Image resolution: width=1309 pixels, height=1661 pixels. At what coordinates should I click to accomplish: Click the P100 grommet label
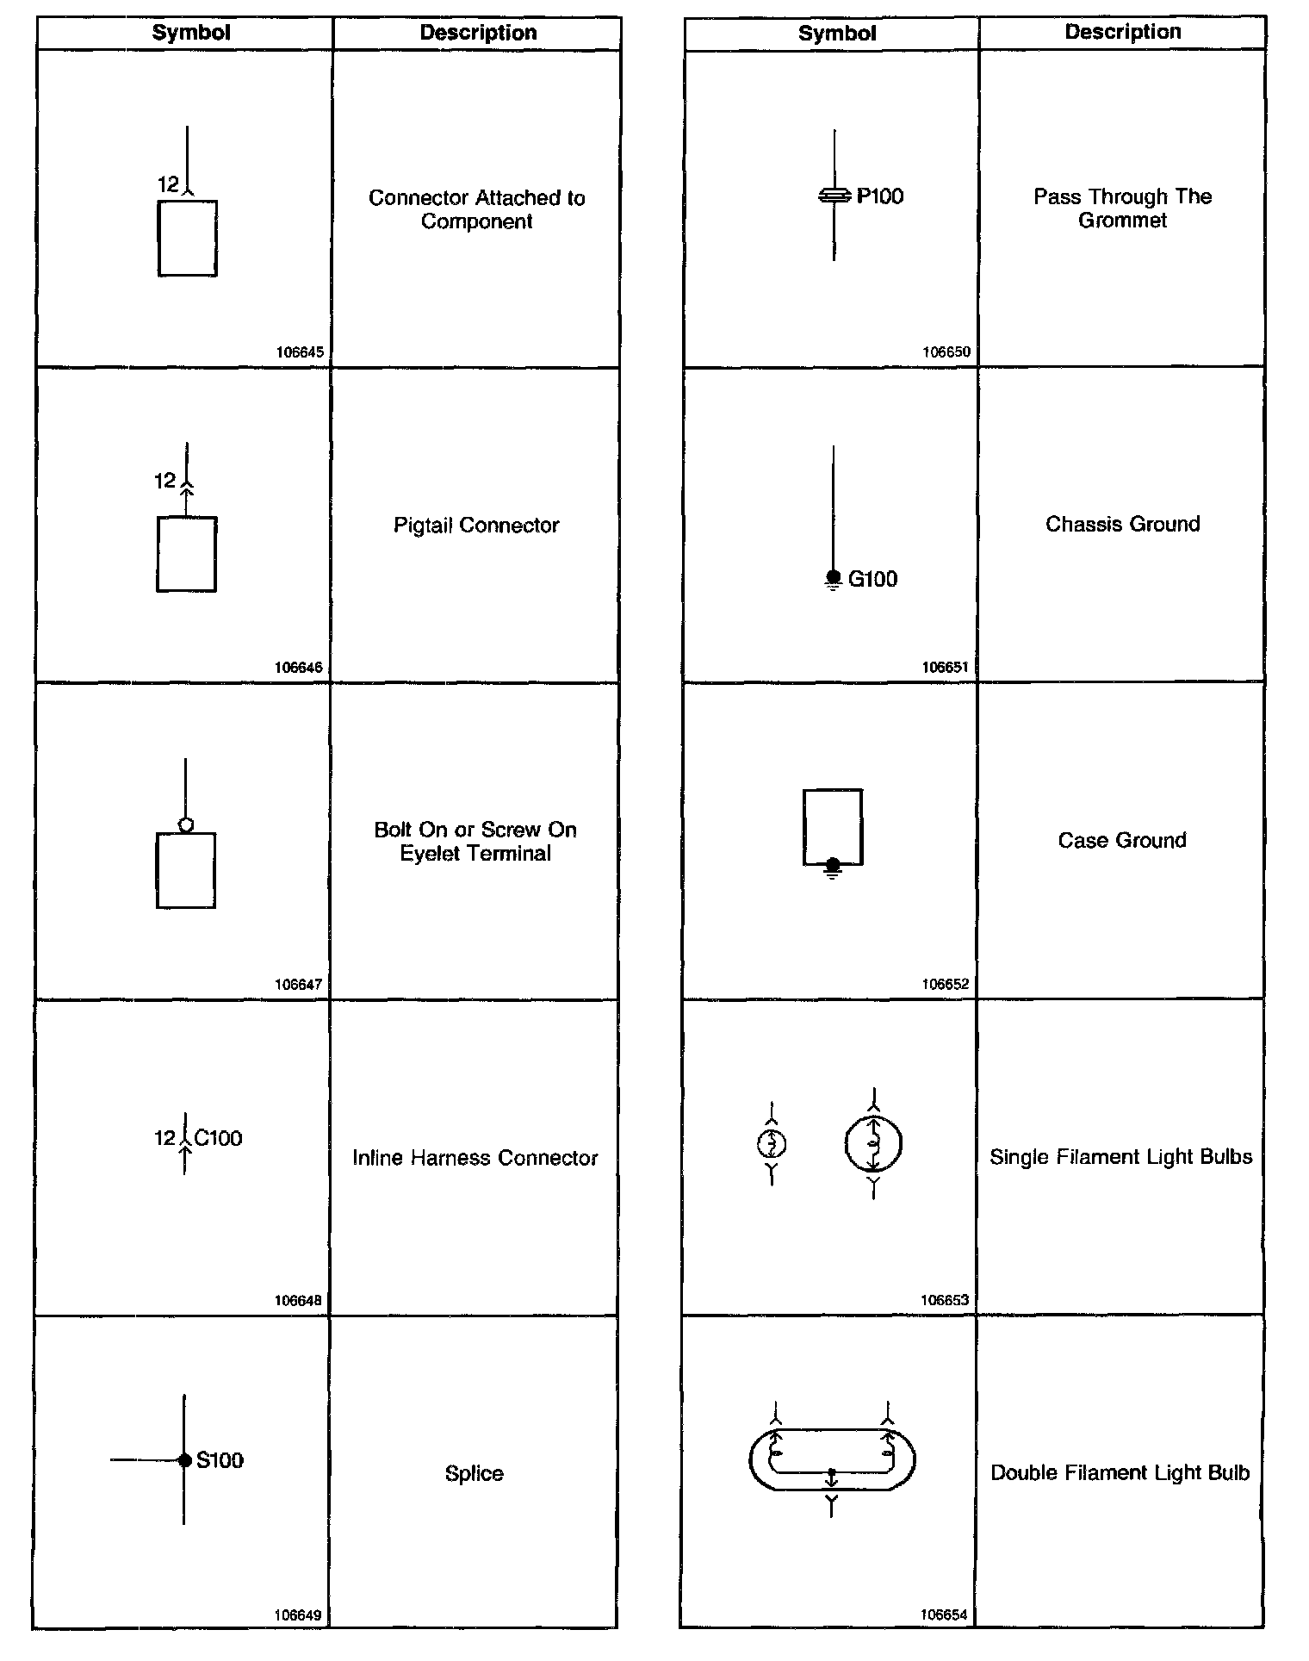pyautogui.click(x=880, y=196)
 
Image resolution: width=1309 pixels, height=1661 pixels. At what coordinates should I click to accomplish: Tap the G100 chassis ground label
pyautogui.click(x=872, y=579)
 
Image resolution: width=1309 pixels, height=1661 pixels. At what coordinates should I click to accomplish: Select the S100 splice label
pyautogui.click(x=220, y=1460)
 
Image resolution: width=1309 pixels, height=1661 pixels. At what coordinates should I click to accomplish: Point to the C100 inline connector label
pyautogui.click(x=218, y=1138)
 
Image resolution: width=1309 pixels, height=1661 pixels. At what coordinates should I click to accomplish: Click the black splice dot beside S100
pyautogui.click(x=184, y=1460)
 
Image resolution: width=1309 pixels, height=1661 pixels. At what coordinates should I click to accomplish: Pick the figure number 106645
pyautogui.click(x=300, y=352)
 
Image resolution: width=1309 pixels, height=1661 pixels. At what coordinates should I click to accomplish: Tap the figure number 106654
pyautogui.click(x=944, y=1615)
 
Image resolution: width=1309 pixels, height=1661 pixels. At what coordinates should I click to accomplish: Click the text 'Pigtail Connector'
pyautogui.click(x=476, y=526)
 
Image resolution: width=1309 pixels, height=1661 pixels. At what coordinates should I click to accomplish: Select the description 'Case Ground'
pyautogui.click(x=1122, y=841)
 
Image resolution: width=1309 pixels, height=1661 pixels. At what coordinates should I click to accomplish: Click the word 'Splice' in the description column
pyautogui.click(x=475, y=1473)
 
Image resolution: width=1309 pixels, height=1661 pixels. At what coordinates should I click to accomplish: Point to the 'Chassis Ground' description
pyautogui.click(x=1122, y=525)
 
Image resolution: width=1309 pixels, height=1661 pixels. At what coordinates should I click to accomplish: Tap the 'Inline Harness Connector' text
pyautogui.click(x=475, y=1158)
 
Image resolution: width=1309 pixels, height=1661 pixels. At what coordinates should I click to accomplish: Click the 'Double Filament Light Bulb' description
pyautogui.click(x=1120, y=1473)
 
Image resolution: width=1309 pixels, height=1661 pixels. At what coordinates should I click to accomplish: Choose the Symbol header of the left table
pyautogui.click(x=191, y=33)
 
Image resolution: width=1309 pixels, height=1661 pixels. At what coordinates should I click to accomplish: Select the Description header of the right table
pyautogui.click(x=1122, y=32)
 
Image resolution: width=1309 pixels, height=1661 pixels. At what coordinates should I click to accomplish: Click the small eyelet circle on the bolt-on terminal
pyautogui.click(x=185, y=825)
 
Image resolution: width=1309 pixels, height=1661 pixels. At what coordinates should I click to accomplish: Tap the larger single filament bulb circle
pyautogui.click(x=873, y=1145)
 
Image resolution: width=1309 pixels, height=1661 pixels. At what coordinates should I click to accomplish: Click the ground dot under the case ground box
pyautogui.click(x=832, y=864)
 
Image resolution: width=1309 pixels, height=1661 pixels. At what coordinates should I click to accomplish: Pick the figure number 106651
pyautogui.click(x=945, y=667)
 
